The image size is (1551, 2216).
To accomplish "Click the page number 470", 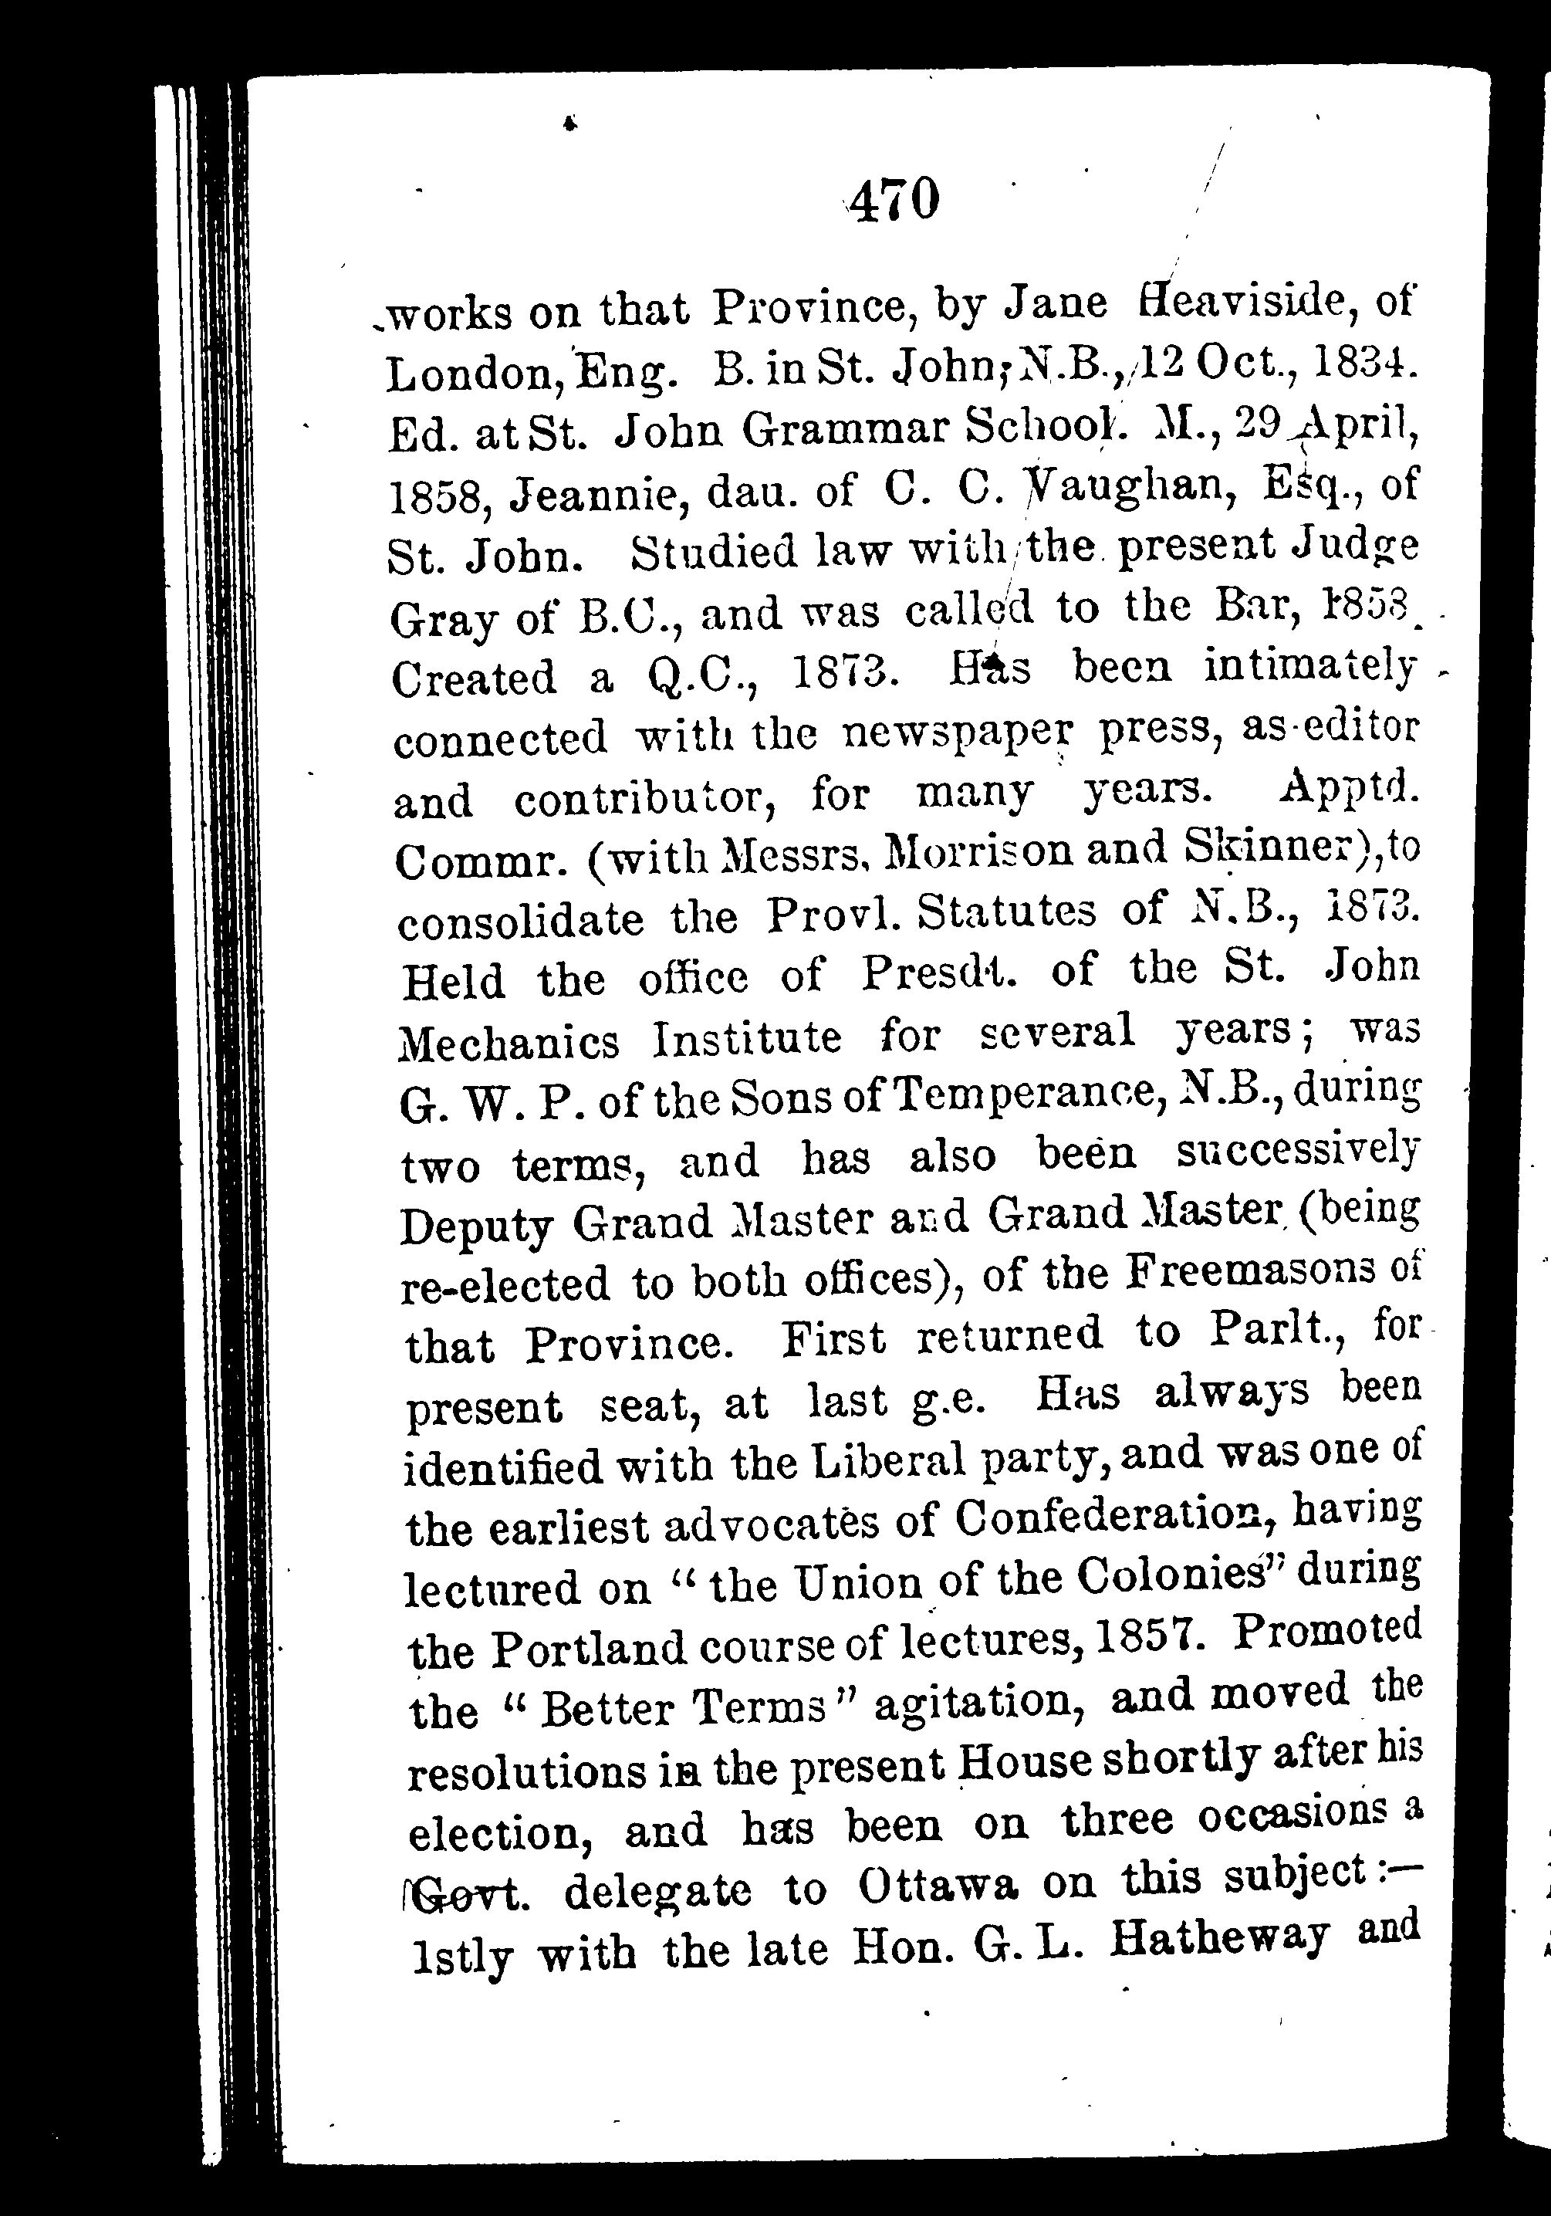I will pos(894,200).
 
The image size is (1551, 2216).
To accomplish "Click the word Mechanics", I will pos(509,1040).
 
